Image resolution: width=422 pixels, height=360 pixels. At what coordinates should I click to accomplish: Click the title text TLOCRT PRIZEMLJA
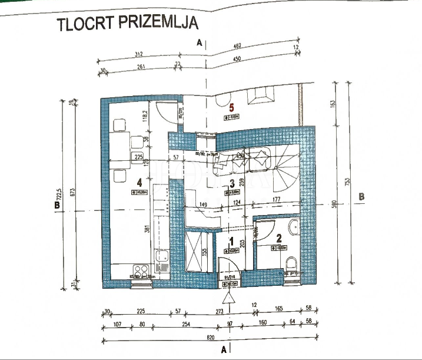(127, 24)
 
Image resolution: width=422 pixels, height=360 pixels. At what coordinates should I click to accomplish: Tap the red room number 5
(232, 107)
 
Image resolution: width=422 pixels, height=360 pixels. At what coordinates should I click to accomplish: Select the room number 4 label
(139, 183)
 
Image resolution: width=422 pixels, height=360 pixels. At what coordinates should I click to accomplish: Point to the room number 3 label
(232, 183)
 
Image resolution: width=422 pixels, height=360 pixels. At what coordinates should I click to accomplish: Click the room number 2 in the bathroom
(280, 238)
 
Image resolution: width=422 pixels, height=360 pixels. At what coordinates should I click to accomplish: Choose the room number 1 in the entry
(231, 241)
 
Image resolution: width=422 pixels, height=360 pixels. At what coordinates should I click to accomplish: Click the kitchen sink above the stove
(161, 257)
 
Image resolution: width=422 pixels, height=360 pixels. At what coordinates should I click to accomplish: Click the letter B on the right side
(362, 197)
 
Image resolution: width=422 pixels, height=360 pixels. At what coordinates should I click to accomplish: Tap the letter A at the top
(200, 42)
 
